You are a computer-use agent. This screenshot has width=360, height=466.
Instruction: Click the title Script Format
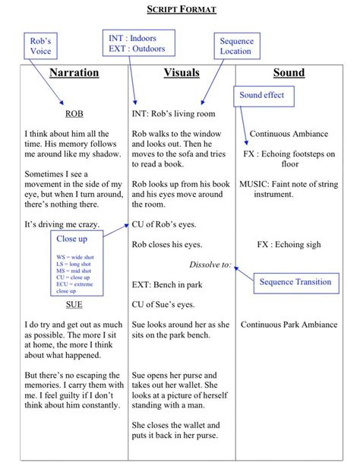click(181, 9)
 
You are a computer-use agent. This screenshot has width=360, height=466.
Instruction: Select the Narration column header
click(74, 73)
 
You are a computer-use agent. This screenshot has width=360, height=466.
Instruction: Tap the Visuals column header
click(182, 73)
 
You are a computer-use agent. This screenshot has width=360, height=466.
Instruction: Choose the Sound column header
click(289, 73)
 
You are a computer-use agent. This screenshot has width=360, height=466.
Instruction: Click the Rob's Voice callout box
click(41, 45)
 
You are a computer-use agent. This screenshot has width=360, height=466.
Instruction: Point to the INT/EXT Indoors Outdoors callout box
click(138, 43)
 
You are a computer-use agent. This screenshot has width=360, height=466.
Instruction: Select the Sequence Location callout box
click(236, 46)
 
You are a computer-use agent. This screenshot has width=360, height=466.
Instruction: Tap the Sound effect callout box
click(261, 96)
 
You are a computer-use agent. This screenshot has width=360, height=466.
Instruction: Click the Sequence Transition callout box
click(295, 282)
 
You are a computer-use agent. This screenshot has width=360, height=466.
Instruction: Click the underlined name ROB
click(74, 114)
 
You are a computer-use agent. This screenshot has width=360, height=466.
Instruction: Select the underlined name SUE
click(74, 304)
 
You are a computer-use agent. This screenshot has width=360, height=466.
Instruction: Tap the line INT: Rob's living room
click(173, 114)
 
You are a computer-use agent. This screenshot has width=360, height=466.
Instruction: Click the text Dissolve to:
click(210, 265)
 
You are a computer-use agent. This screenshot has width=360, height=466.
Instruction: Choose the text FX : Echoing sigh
click(289, 245)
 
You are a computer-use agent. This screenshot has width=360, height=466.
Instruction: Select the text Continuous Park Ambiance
click(289, 325)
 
